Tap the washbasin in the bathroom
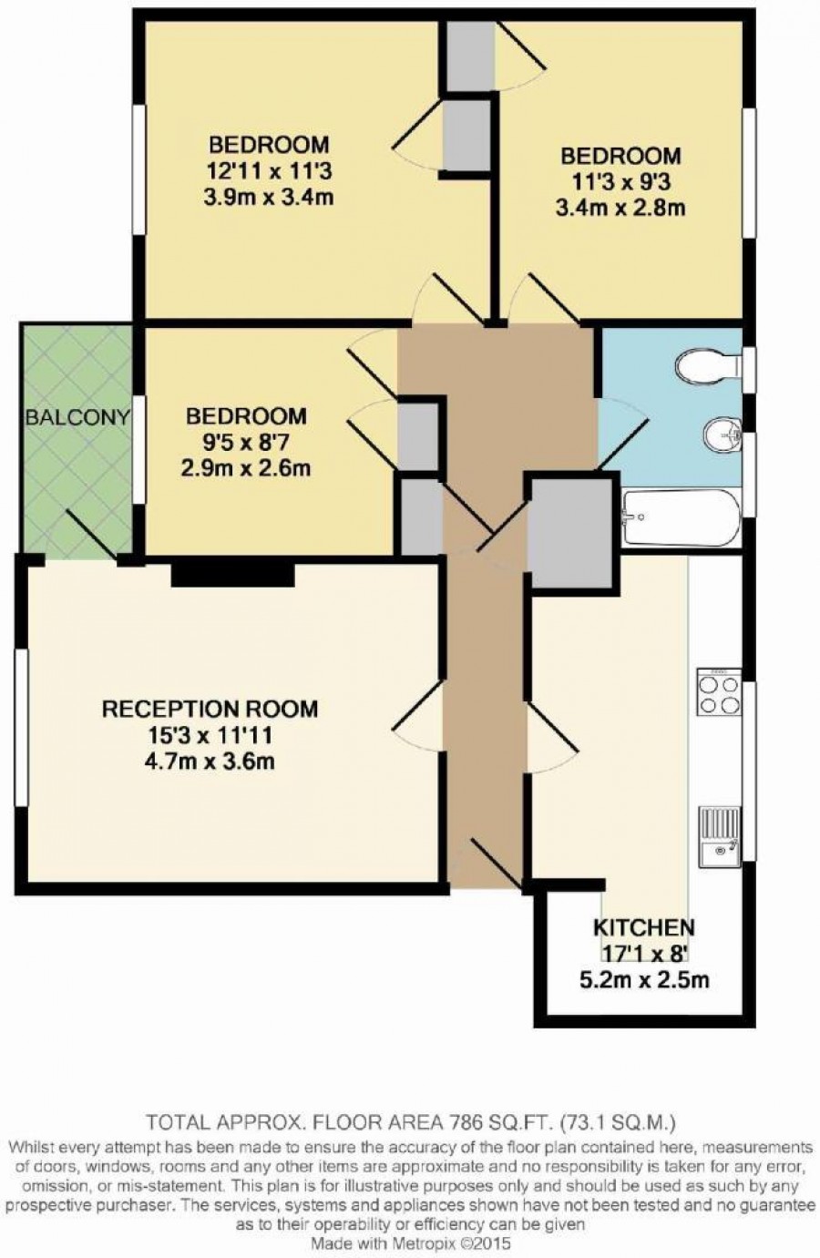click(x=723, y=434)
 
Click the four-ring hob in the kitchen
click(x=719, y=692)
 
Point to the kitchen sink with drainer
click(x=720, y=837)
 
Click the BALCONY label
click(x=78, y=417)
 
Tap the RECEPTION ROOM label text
click(x=210, y=709)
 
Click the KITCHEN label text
click(x=644, y=927)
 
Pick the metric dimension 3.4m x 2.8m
click(x=620, y=208)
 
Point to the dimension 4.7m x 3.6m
click(x=210, y=762)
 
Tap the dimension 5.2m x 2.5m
click(x=644, y=980)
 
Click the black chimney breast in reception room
click(x=233, y=574)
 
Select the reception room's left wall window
click(x=21, y=729)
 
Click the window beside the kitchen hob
click(x=749, y=772)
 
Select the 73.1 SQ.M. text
click(x=619, y=1122)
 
